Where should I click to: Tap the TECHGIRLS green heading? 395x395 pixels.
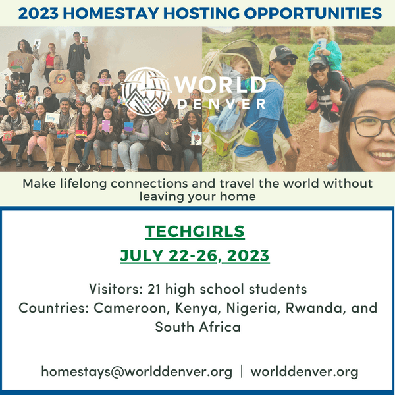195,232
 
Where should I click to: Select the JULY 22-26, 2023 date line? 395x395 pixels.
195,255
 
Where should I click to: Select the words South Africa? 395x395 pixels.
197,327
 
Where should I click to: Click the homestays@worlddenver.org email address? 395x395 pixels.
136,371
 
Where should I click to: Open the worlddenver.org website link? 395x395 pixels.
304,371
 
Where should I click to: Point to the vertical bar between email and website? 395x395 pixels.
242,371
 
